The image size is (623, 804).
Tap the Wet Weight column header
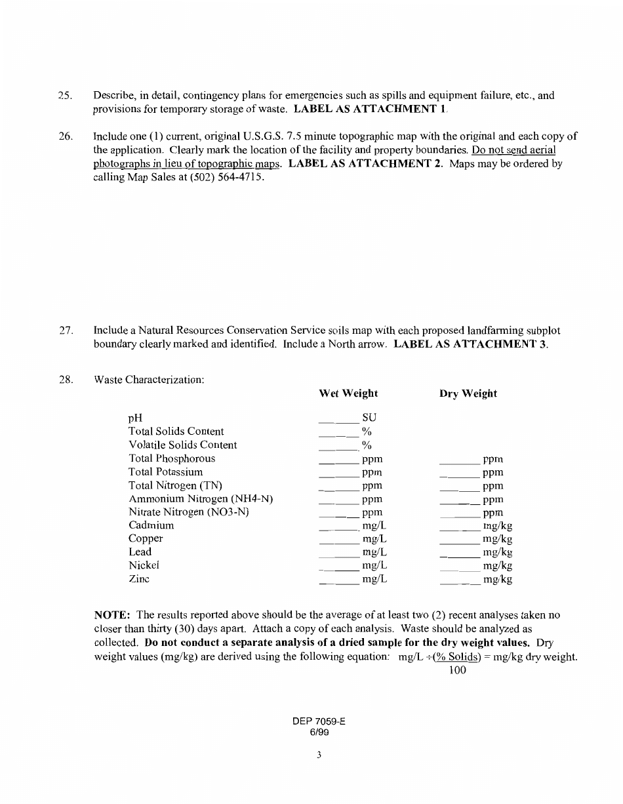click(348, 393)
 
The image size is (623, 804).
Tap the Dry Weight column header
click(468, 393)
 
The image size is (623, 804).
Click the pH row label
click(135, 418)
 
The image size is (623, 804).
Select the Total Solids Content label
click(176, 432)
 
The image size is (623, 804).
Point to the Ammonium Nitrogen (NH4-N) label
click(201, 499)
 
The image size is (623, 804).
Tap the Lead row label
click(140, 552)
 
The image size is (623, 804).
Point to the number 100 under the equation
click(457, 670)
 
